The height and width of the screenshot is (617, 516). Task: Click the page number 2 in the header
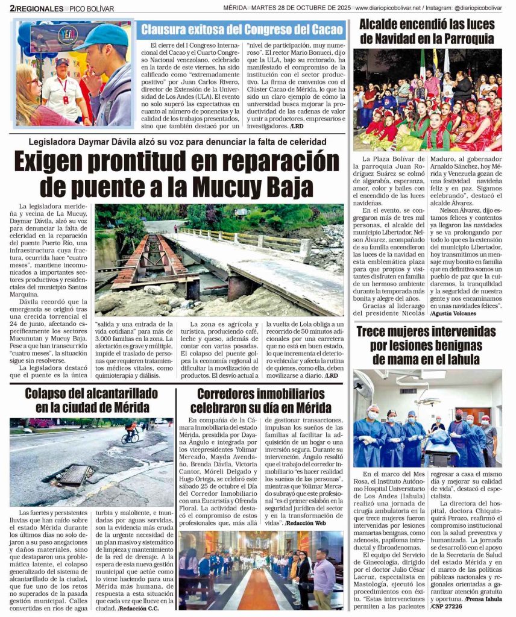[x=11, y=8]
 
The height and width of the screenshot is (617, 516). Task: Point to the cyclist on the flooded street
[x=130, y=433]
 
